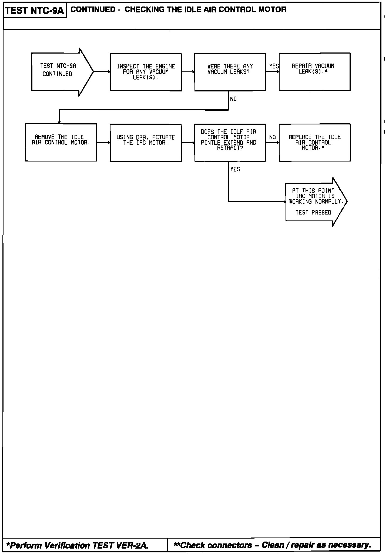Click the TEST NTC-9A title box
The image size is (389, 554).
35,11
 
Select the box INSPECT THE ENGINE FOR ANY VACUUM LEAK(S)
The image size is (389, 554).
146,72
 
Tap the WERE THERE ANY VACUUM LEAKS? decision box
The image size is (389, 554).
230,72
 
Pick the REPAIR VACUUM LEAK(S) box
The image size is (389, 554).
314,72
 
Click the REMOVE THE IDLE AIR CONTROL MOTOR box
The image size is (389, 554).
61,142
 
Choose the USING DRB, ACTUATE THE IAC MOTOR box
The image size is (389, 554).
146,143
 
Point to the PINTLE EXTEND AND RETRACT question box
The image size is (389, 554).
230,143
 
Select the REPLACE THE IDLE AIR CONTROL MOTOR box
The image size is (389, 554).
314,143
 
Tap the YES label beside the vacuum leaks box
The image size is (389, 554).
274,66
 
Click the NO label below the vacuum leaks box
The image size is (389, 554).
233,99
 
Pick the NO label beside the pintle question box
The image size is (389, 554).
273,137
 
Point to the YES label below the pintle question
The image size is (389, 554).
235,169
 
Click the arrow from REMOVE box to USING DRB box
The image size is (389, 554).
103,143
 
